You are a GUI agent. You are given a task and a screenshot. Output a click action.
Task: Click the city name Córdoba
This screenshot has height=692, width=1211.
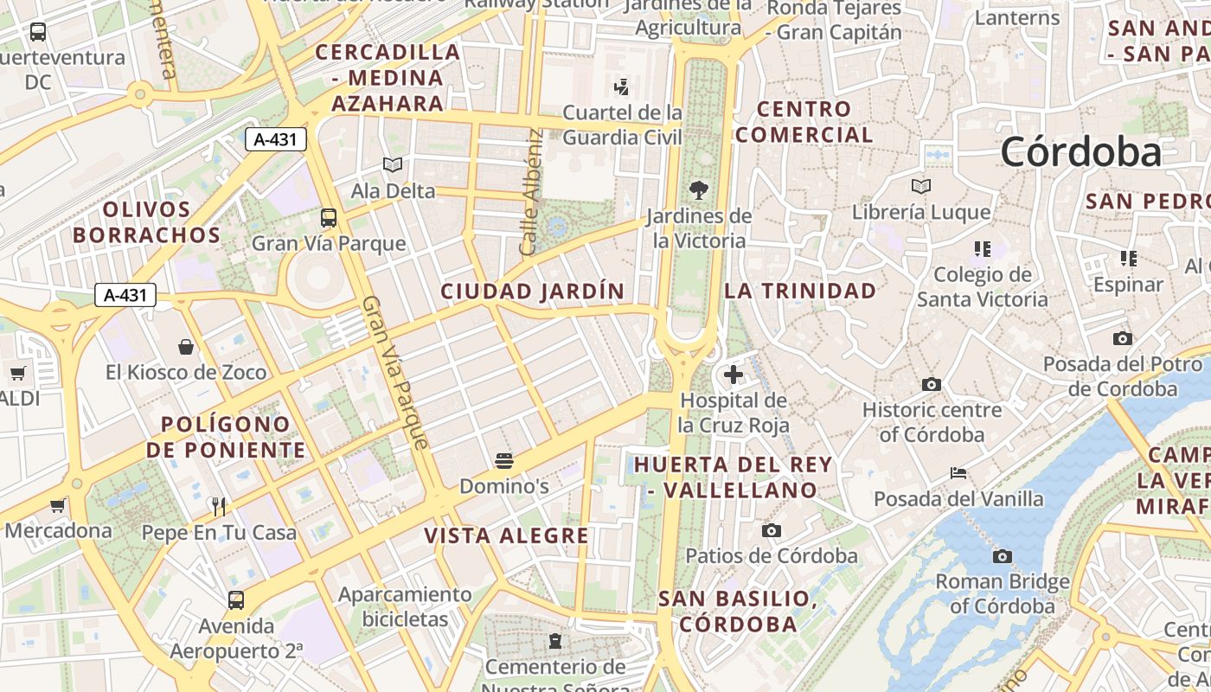tap(1081, 152)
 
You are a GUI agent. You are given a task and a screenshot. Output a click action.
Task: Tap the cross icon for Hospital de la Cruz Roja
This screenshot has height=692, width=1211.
tap(734, 375)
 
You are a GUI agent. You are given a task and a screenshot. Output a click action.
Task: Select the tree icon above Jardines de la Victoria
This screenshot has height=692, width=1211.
tap(699, 190)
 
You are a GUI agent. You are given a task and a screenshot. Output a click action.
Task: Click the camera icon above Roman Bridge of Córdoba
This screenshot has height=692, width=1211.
tap(1003, 556)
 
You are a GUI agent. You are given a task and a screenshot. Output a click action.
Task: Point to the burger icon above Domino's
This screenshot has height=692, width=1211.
tap(504, 460)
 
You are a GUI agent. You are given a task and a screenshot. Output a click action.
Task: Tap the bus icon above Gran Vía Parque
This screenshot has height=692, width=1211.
tap(329, 218)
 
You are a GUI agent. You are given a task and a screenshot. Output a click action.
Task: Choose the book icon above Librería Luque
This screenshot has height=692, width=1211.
tap(921, 186)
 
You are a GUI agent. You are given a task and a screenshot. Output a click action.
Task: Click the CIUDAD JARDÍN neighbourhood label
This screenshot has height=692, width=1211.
tap(533, 292)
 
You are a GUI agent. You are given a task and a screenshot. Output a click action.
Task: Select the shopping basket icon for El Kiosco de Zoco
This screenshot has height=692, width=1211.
tap(186, 347)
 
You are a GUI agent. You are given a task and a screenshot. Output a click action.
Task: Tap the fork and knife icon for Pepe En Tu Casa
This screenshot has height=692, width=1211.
tap(219, 507)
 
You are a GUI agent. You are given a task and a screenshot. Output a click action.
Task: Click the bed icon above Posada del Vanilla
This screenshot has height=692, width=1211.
tap(958, 473)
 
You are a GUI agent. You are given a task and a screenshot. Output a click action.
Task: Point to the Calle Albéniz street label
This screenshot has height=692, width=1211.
tap(532, 192)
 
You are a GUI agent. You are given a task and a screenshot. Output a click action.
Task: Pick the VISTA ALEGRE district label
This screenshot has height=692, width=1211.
tap(506, 536)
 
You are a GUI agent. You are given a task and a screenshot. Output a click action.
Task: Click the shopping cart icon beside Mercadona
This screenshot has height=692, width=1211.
tap(58, 505)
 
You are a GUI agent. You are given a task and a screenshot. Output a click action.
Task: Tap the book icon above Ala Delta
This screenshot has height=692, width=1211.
tap(393, 164)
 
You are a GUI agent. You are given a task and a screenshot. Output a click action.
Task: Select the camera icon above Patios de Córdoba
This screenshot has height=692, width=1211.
tap(771, 530)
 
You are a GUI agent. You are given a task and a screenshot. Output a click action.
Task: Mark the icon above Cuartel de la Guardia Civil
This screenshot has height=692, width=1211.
tap(621, 86)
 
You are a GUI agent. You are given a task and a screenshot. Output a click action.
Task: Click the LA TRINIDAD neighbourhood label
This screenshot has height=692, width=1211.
tap(800, 291)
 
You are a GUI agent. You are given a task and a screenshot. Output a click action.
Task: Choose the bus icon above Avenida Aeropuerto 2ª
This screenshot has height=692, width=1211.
tap(236, 599)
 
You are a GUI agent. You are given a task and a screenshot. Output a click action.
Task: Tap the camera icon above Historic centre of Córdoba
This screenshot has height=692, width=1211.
tap(932, 384)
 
